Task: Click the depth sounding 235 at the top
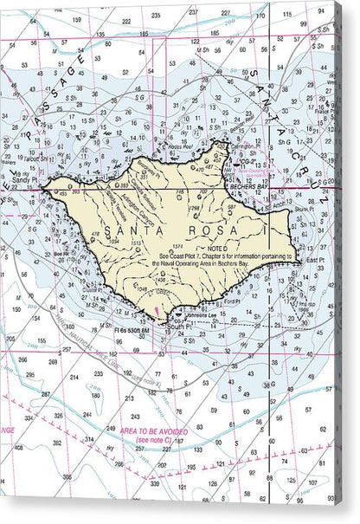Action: coord(156,16)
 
